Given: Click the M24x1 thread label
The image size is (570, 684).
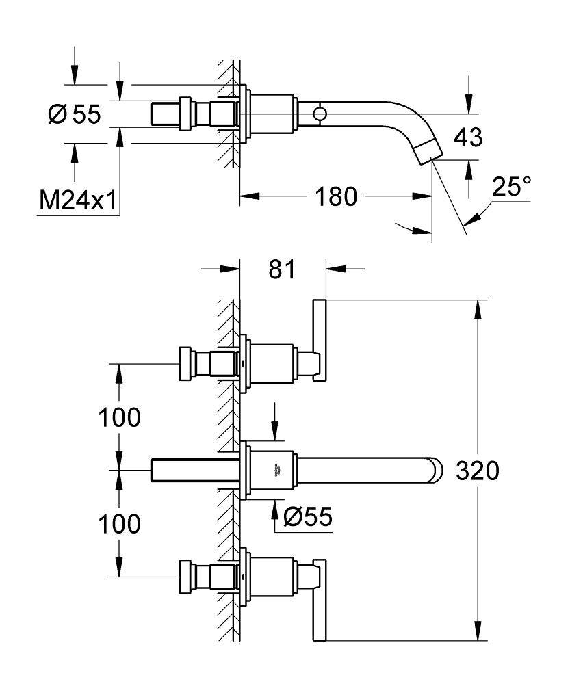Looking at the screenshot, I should [77, 200].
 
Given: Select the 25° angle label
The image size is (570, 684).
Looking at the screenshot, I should [512, 187].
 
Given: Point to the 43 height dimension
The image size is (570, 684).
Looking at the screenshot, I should [468, 138].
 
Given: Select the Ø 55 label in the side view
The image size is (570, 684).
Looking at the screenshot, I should [75, 115].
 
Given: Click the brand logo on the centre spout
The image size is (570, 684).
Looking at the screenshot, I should [278, 470].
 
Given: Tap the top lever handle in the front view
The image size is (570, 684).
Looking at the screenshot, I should [319, 340].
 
